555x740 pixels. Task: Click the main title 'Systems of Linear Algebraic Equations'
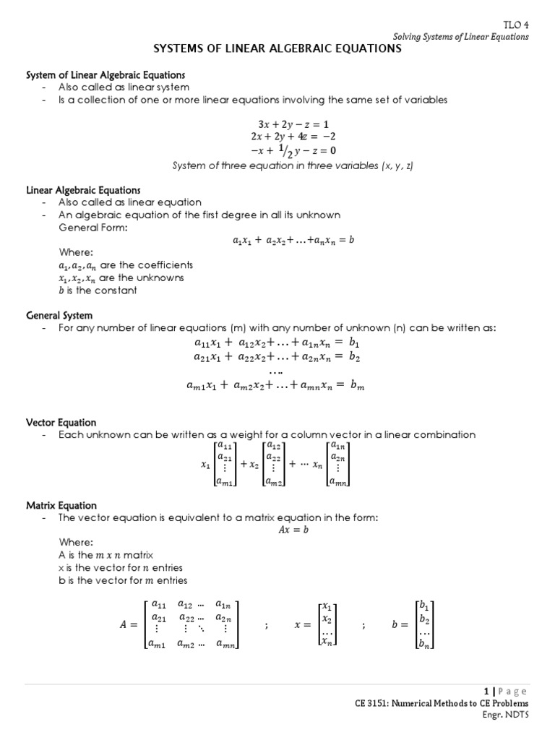coord(277,49)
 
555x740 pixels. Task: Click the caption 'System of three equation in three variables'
coord(293,165)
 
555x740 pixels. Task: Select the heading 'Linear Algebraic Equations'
coord(83,190)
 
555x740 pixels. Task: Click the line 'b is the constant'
coord(98,291)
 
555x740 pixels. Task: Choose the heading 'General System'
coord(59,316)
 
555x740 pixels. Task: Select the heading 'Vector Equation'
coord(61,422)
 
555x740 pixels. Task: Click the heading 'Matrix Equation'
coord(61,505)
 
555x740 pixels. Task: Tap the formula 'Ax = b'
coord(293,530)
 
